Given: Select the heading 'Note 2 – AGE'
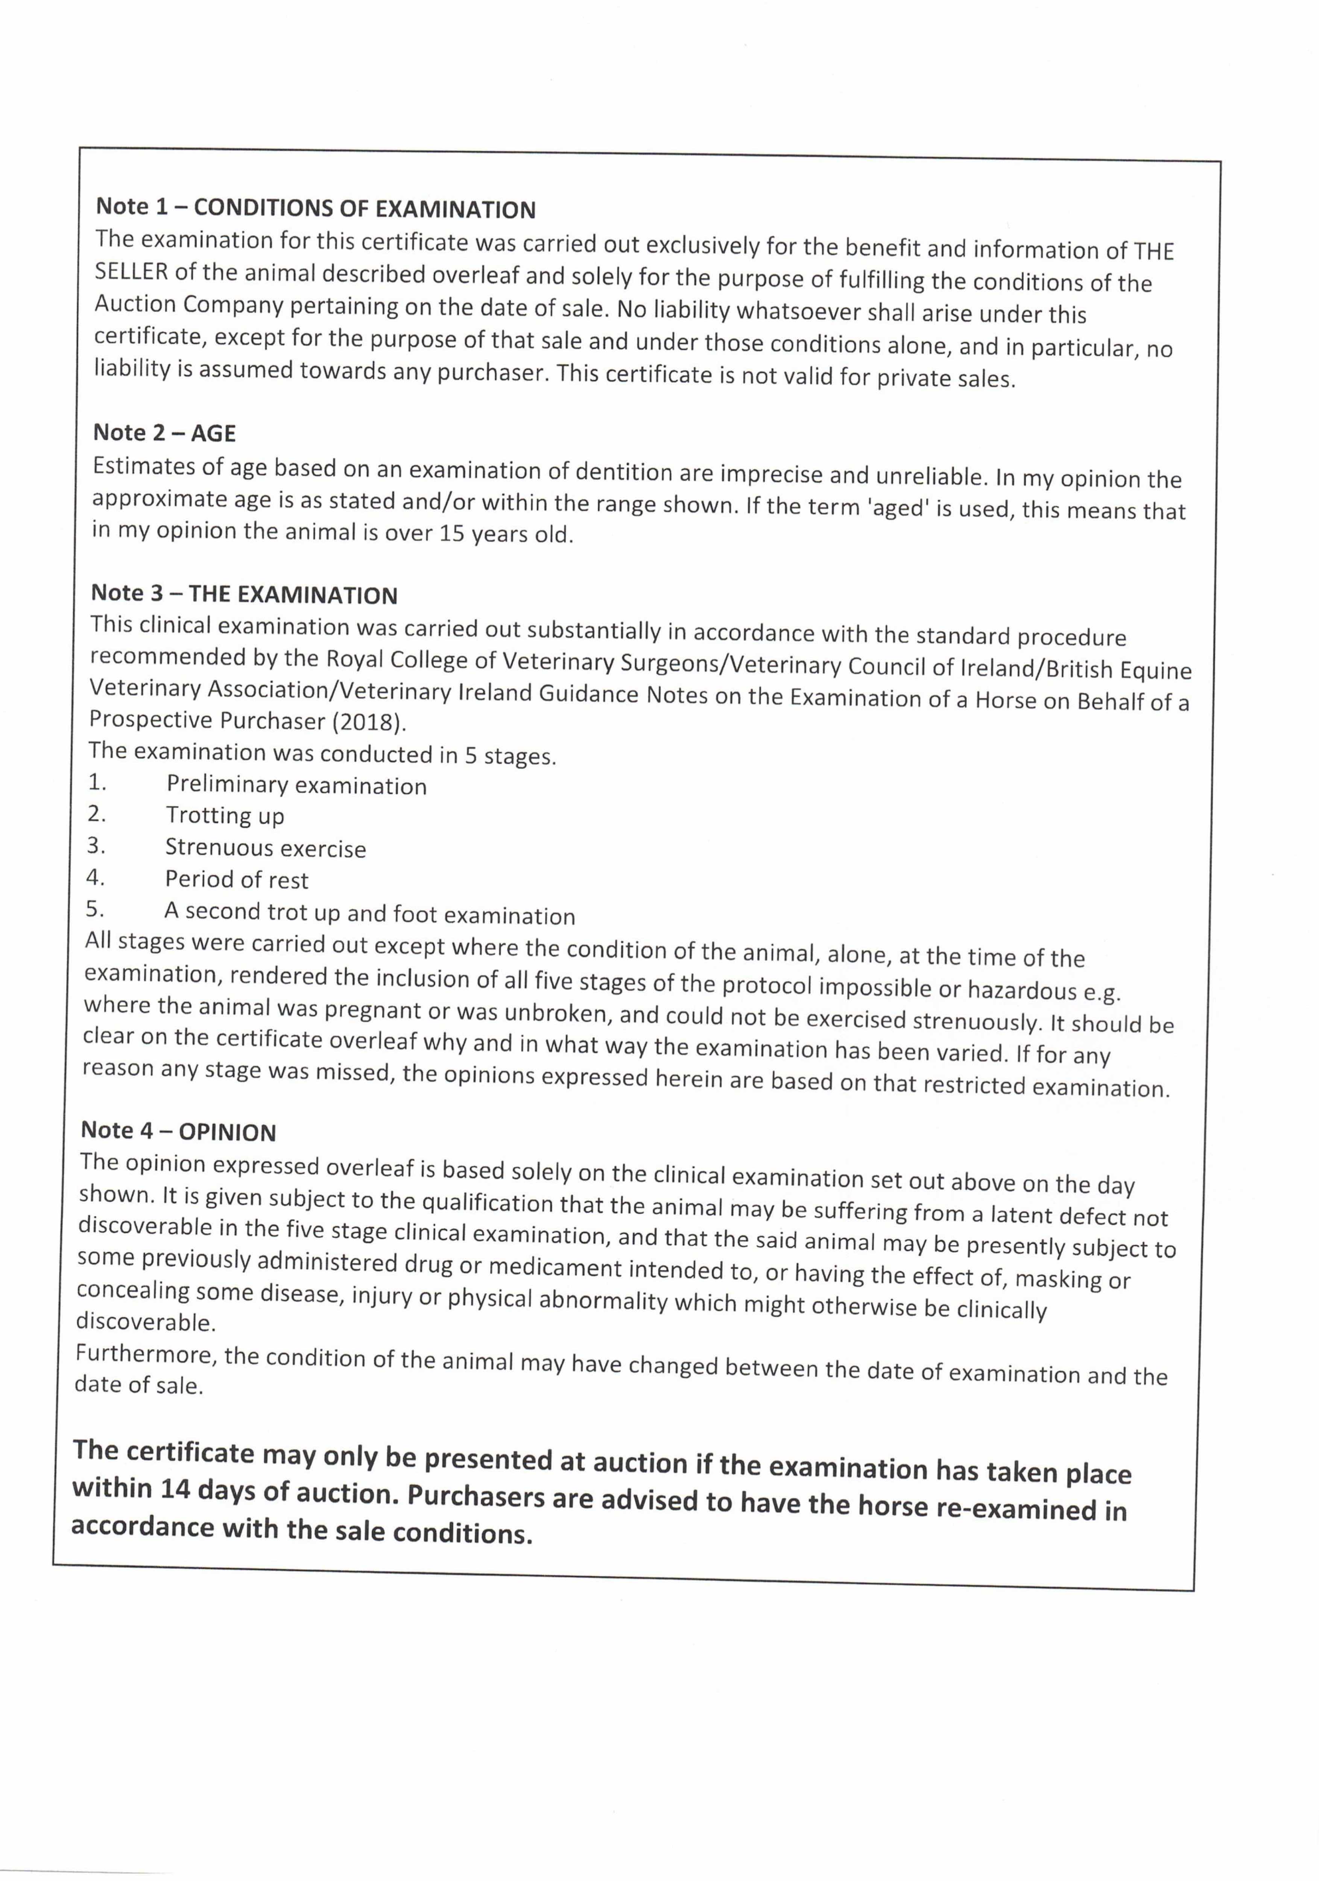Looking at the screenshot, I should [164, 433].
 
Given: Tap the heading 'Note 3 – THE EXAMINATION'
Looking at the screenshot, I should [243, 594].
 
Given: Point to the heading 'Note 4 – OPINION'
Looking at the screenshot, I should [178, 1131].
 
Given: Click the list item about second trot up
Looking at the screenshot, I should [369, 913].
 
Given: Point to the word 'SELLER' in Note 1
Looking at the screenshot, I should [131, 271].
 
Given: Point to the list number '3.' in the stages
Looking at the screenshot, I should [96, 845].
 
